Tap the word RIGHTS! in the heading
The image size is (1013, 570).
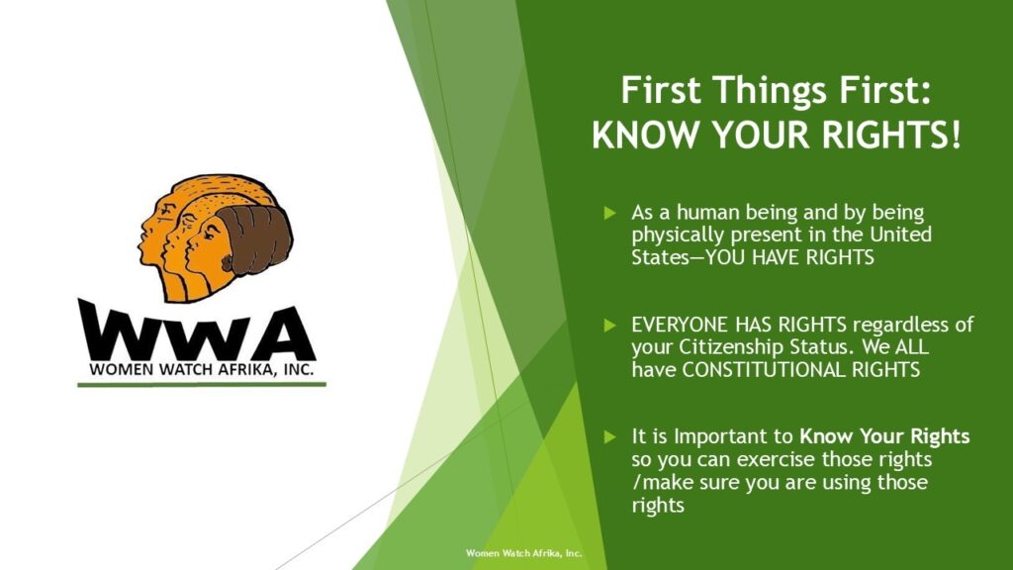pos(891,135)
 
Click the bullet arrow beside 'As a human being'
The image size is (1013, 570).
pos(609,213)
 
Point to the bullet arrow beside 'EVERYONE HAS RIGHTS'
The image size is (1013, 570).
pos(609,325)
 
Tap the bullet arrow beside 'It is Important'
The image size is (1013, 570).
pos(609,436)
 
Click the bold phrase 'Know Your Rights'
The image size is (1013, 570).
pos(884,436)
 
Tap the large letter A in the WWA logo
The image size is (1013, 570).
pos(284,334)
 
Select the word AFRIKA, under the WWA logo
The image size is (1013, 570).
pos(239,370)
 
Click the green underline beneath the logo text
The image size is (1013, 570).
pos(202,385)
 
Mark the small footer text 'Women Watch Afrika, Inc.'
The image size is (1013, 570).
pos(524,553)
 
